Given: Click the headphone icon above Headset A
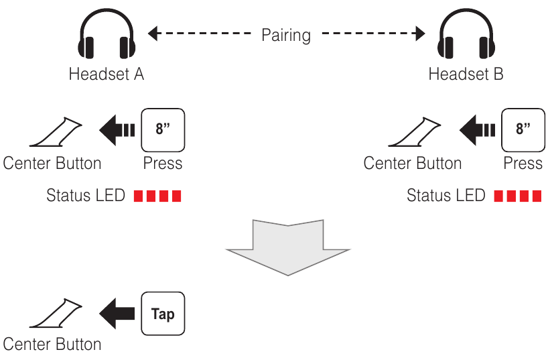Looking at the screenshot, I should click(107, 38).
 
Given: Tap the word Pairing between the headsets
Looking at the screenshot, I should click(286, 34).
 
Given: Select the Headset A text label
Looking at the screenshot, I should click(107, 74).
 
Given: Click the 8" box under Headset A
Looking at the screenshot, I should click(163, 129).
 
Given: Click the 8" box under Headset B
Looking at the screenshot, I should click(523, 129).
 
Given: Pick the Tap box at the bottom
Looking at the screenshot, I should click(163, 314).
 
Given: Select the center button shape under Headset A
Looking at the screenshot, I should click(56, 132).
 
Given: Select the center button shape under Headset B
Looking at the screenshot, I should click(416, 132).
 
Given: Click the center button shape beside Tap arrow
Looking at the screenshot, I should click(56, 316).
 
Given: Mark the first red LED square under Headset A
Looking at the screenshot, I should click(139, 196).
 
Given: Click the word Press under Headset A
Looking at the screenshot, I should click(163, 163).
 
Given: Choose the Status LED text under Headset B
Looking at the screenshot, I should click(446, 196).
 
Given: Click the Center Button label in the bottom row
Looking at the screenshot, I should click(52, 345).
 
